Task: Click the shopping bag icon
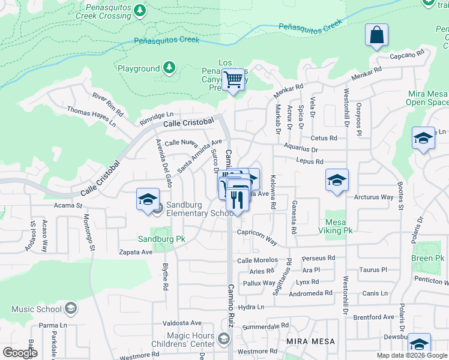[376, 36]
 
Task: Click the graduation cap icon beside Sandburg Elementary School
[147, 200]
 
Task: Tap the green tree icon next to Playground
[169, 68]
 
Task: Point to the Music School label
[37, 310]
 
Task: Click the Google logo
[19, 352]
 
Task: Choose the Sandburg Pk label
[161, 239]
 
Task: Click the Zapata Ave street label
[136, 253]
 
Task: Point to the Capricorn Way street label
[257, 236]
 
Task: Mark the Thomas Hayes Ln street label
[92, 116]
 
